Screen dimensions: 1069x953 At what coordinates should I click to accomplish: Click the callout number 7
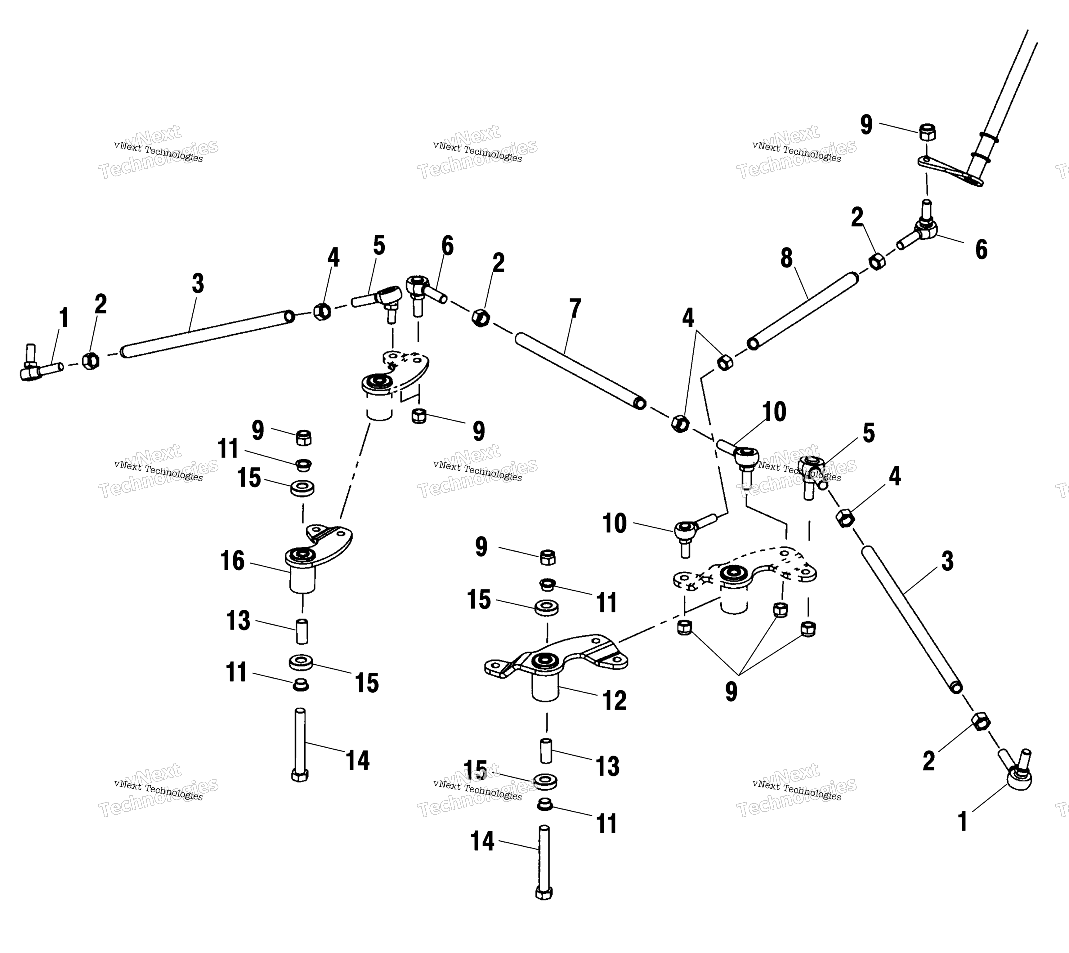(575, 309)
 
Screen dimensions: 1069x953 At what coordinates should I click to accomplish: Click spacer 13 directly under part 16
(302, 631)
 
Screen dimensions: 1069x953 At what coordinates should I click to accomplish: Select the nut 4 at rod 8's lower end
(725, 362)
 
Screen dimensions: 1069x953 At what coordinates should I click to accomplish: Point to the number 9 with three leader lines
(731, 691)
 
